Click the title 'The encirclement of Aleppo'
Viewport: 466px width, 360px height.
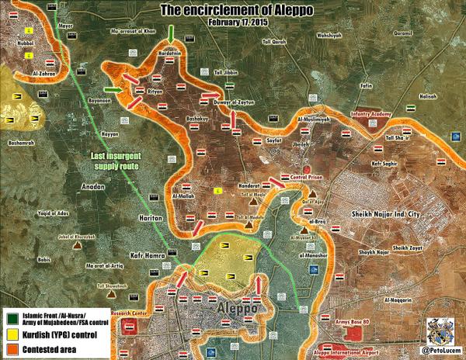(x=232, y=9)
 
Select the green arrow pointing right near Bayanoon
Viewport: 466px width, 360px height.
(x=114, y=91)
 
